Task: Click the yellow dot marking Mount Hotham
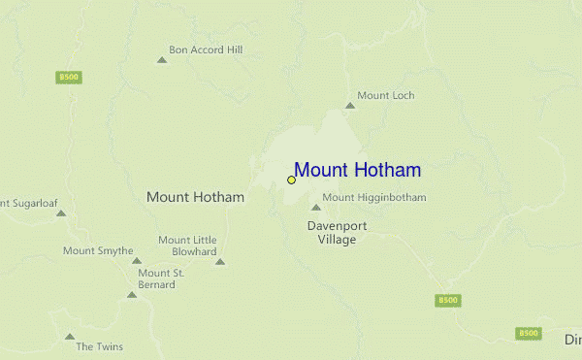[x=291, y=180]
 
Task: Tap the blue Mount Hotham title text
[x=357, y=171]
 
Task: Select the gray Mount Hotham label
[x=195, y=197]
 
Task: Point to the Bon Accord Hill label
[x=206, y=49]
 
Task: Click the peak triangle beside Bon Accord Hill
[x=162, y=60]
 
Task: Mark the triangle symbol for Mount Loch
[x=350, y=105]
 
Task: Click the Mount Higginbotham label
[x=374, y=198]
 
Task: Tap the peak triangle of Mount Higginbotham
[x=315, y=207]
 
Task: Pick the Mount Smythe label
[x=98, y=250]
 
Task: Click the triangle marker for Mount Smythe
[x=137, y=260]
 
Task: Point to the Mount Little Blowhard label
[x=187, y=245]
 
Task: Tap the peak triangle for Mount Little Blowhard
[x=220, y=261]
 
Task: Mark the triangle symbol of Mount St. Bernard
[x=132, y=294]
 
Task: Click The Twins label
[x=99, y=346]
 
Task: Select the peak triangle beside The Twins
[x=70, y=338]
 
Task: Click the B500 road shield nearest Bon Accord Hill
[x=68, y=77]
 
